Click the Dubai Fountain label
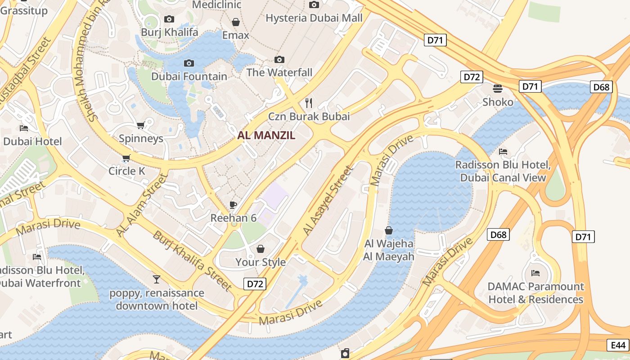pos(189,76)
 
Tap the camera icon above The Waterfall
pos(279,60)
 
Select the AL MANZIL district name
pos(266,135)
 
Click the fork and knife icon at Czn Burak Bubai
pos(308,103)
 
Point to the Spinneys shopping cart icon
pos(140,126)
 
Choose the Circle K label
pos(127,171)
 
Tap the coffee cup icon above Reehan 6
pos(233,205)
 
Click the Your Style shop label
pos(261,262)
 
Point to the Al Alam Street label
pos(141,205)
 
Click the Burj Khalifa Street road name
pos(192,261)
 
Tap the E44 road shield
pos(618,345)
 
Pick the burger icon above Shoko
pos(498,89)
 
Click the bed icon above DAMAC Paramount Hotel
pos(535,273)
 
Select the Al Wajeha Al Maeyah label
pos(389,250)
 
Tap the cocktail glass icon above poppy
pos(156,279)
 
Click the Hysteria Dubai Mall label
pos(314,18)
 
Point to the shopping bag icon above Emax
pos(235,22)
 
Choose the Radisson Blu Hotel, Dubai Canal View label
pos(503,171)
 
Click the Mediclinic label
pos(216,5)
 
